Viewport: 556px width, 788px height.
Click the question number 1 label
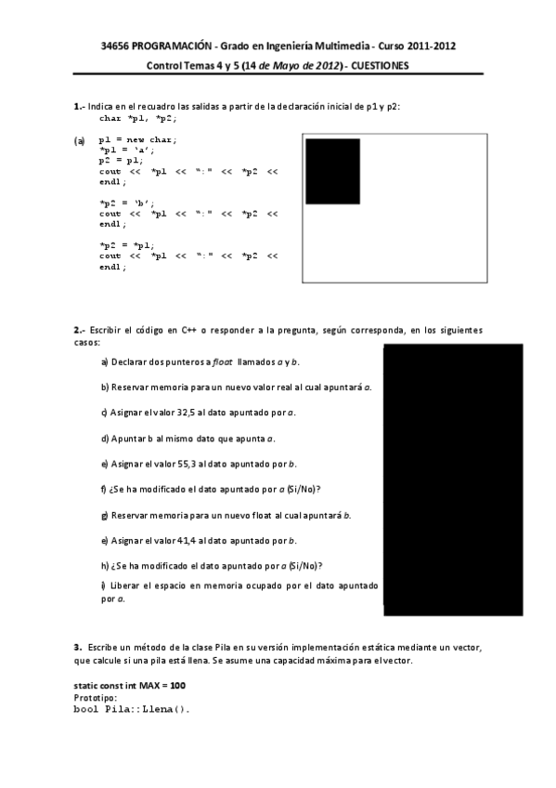pyautogui.click(x=77, y=107)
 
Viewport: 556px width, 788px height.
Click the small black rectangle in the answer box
pyautogui.click(x=333, y=170)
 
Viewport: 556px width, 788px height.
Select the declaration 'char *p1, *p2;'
pyautogui.click(x=138, y=119)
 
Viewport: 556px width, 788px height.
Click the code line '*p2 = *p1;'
pyautogui.click(x=127, y=244)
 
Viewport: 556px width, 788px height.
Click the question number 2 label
pyautogui.click(x=78, y=330)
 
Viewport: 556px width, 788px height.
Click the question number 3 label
pyautogui.click(x=77, y=646)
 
